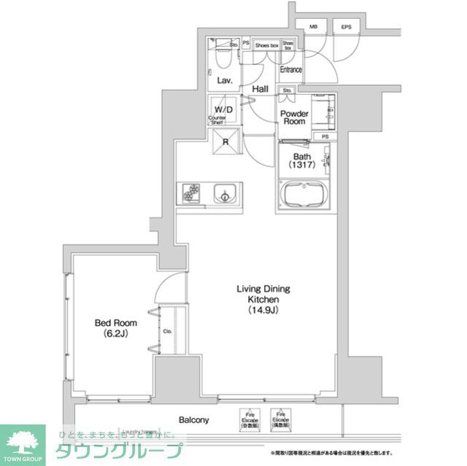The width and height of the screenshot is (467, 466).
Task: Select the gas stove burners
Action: [x=193, y=194]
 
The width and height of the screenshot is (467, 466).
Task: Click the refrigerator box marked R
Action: [x=225, y=143]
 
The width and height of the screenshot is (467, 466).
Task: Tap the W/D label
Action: [x=224, y=109]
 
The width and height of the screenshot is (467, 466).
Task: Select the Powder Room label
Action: [x=295, y=118]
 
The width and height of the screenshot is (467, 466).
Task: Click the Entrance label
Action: [x=291, y=70]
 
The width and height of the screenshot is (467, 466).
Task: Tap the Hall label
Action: [x=260, y=90]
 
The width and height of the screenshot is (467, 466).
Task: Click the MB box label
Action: [x=313, y=27]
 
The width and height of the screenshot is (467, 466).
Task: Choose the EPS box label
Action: [x=346, y=27]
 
